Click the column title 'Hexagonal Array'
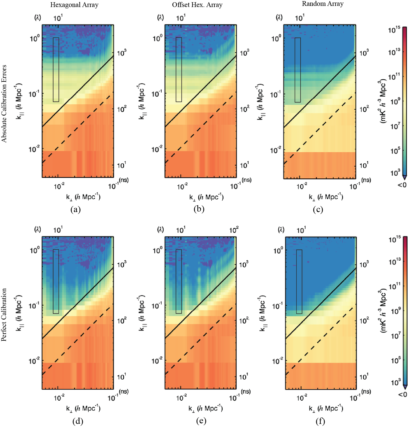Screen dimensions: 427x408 pos(74,5)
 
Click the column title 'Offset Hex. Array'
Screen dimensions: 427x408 pos(197,5)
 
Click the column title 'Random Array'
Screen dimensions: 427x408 pos(322,4)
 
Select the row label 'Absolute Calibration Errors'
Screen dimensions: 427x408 pos(4,104)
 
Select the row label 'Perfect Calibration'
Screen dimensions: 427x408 pos(4,314)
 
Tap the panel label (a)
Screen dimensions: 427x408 pos(75,209)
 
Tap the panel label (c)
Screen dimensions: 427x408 pos(318,209)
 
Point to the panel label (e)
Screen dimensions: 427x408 pos(201,421)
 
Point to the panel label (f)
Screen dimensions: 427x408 pos(320,421)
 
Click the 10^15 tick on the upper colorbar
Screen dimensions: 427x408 pos(394,30)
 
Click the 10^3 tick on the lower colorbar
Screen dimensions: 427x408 pos(395,382)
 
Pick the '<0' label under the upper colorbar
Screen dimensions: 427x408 pos(402,185)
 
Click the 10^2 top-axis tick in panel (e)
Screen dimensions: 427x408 pos(234,230)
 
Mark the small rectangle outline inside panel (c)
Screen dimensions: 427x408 pos(298,70)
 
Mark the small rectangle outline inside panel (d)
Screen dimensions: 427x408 pos(56,281)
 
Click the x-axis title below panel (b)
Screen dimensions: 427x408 pos(206,197)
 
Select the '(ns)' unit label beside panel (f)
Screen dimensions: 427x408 pos(366,391)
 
